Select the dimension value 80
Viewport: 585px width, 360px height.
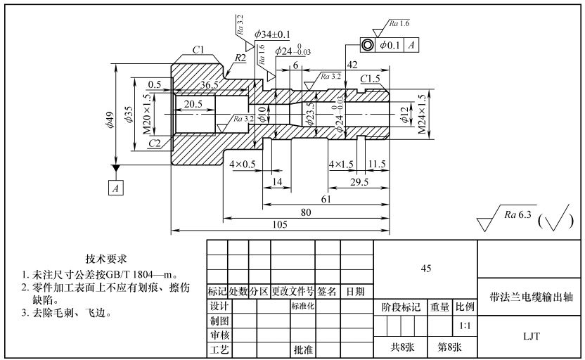[306, 212]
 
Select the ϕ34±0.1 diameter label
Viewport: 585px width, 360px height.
[273, 34]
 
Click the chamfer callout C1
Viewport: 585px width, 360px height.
[198, 49]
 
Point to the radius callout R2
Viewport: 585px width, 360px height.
[240, 58]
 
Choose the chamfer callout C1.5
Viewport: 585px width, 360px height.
[371, 78]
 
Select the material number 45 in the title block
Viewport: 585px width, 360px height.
[425, 268]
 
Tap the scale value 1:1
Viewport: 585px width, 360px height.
[465, 327]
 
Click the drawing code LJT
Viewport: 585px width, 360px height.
[531, 337]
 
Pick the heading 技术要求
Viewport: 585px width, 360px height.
[107, 259]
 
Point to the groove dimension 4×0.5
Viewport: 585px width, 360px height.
[243, 164]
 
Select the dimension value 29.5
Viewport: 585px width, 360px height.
[359, 181]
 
